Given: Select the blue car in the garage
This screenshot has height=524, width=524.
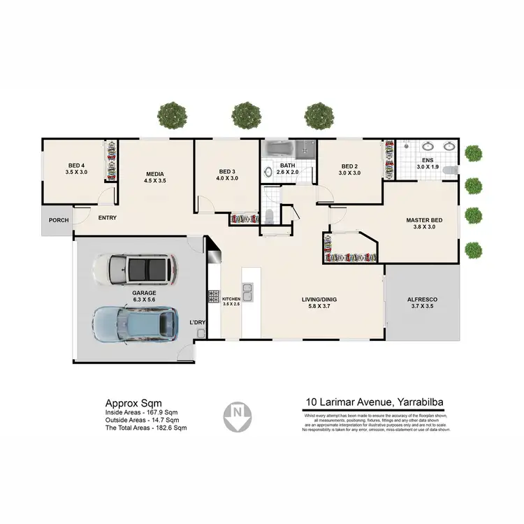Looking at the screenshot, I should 135,323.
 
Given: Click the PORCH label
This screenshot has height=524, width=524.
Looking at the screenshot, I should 58,221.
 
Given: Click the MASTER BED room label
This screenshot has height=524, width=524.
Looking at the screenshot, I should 424,224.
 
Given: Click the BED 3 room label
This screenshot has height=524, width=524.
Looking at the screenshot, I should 228,175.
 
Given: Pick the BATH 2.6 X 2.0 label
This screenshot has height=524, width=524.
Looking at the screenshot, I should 287,168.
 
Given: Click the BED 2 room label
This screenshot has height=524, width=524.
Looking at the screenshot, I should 350,168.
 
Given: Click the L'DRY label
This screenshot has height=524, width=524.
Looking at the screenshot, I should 198,322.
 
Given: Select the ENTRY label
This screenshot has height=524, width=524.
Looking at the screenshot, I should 107,217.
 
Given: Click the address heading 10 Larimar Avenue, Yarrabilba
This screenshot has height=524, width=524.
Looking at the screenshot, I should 376,402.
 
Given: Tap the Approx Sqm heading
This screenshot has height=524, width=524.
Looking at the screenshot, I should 133,403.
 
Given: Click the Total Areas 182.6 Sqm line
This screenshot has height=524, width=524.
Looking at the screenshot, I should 145,428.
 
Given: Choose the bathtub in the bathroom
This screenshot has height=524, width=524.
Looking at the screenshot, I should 279,149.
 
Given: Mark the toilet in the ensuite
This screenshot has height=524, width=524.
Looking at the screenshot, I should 450,170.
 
